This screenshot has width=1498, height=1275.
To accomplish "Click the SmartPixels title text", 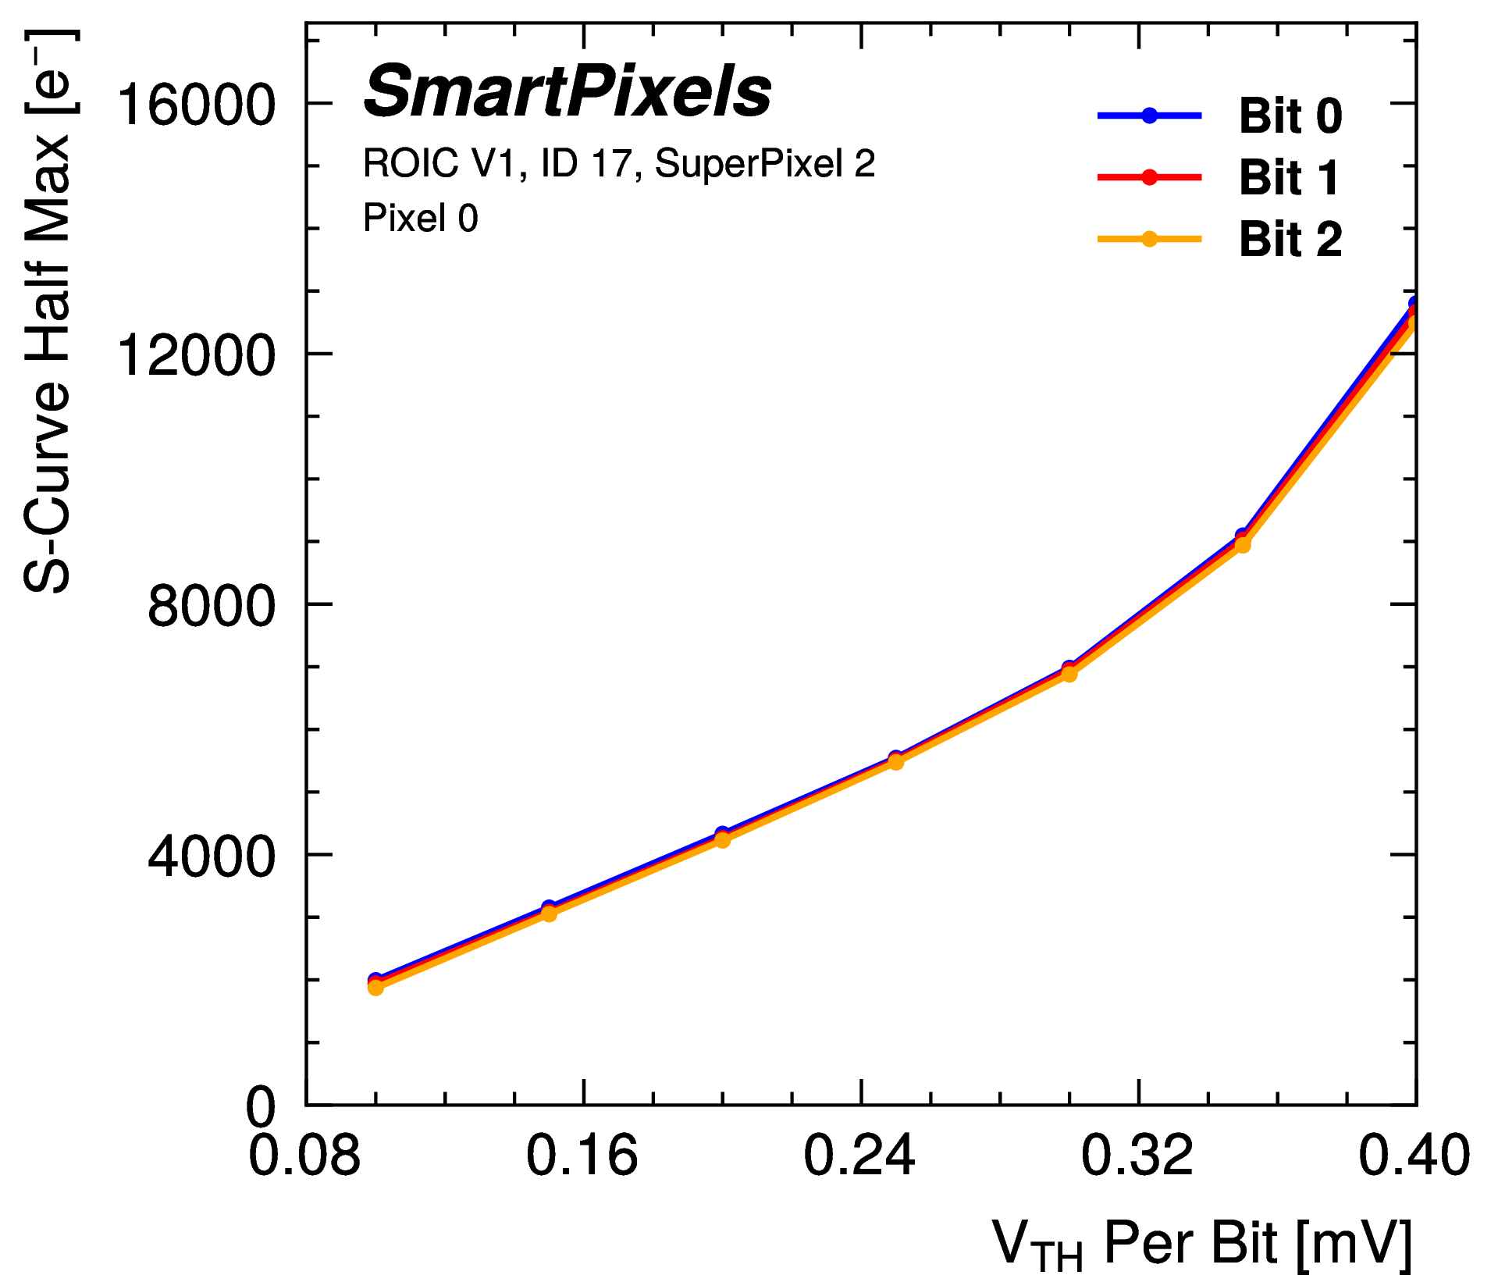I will coord(568,92).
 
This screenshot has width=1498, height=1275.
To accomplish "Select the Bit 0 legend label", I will coord(1290,116).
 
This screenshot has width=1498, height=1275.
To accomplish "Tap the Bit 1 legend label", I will coord(1289,177).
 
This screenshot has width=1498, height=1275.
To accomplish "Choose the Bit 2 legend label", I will coord(1290,239).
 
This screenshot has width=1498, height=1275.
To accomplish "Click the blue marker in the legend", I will coord(1149,116).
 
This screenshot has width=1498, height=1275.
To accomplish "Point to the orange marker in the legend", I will coord(1149,239).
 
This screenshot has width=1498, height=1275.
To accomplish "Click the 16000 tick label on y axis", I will coord(196,105).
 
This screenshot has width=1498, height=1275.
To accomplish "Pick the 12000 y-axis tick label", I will coord(196,355).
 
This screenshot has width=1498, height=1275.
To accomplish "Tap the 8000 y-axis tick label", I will coord(212,606).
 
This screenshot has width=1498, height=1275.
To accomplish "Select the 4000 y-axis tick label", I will coord(212,857).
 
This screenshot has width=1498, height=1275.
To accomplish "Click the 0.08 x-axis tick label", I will coord(304,1156).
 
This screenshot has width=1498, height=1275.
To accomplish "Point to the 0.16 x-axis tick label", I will coord(582,1156).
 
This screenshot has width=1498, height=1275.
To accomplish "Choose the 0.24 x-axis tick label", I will coord(859,1156).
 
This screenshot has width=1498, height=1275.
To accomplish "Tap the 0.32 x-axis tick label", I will coord(1137,1156).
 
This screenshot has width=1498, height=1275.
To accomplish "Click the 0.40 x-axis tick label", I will coord(1414,1156).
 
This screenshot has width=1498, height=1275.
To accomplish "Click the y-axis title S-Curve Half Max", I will coord(48,312).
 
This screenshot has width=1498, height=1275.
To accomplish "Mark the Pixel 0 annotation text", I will coord(420,218).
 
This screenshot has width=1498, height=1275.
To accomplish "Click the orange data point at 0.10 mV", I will coord(375,988).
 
